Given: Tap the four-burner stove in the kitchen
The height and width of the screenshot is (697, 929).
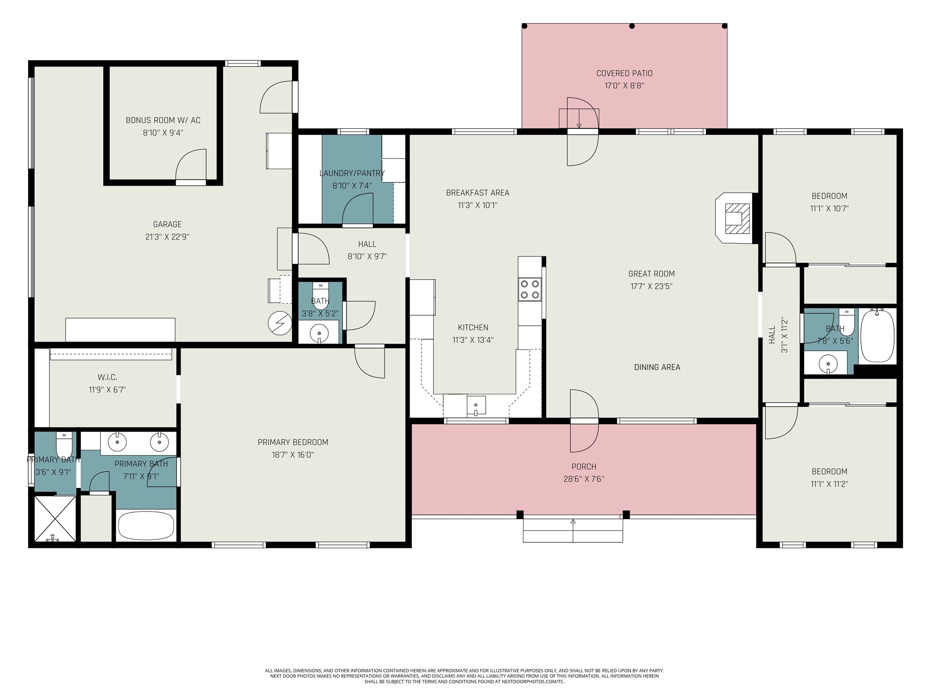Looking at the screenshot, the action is pos(530,289).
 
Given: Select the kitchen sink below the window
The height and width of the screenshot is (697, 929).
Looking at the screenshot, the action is pos(476,405).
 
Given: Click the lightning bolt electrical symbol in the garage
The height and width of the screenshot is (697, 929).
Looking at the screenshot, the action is pos(279,323).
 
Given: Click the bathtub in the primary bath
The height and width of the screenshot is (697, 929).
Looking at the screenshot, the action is pos(146,525).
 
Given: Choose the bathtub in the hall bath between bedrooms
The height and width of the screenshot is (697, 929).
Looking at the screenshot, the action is pos(877,336).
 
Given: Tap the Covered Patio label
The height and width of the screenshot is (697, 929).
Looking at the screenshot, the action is pos(624,73).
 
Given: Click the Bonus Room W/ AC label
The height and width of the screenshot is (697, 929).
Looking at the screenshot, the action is pos(163,120).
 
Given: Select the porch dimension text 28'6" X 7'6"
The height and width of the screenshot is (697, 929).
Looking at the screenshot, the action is pos(584,479).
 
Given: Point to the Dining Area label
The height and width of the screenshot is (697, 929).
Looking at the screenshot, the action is pos(657,367).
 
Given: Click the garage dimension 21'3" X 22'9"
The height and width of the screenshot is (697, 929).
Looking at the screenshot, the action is pos(167,236).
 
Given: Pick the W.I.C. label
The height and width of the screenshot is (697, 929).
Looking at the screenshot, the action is pos(108,377).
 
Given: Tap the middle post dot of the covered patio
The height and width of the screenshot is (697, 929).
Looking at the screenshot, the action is pos(632,26).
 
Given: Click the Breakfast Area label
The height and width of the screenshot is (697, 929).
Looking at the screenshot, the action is pos(478,193).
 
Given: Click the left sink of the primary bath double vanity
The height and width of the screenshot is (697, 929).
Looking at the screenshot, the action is pos(117,442).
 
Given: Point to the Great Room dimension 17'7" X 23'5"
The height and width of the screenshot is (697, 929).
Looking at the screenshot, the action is pos(651,286).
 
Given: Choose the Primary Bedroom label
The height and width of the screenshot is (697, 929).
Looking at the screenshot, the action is pos(293,442).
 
